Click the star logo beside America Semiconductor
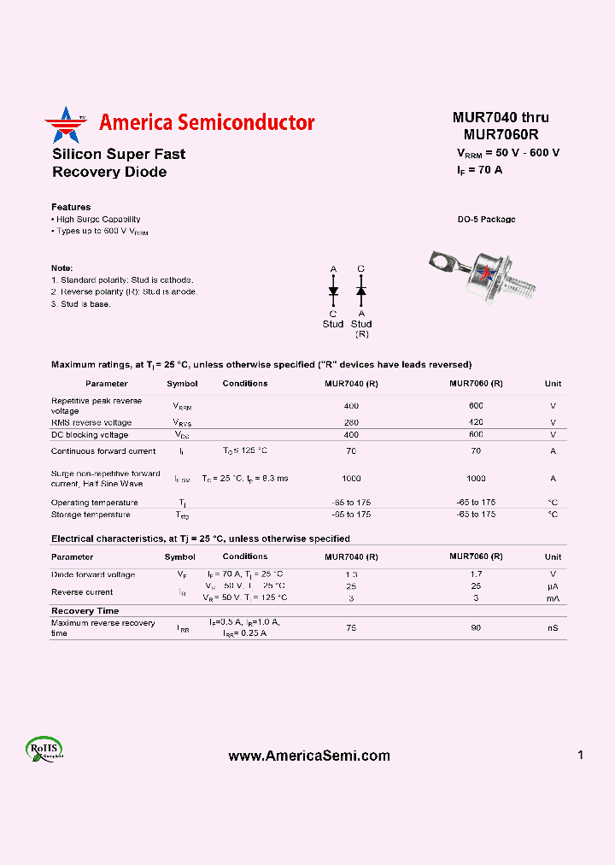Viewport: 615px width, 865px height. [66, 125]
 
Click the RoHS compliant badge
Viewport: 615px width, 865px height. [44, 749]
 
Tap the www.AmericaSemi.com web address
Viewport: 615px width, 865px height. [309, 756]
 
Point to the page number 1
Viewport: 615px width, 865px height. [580, 755]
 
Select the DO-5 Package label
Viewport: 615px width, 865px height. [486, 220]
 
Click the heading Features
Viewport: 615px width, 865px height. [71, 207]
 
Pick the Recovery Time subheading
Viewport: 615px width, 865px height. [85, 611]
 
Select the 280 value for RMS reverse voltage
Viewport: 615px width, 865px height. [351, 422]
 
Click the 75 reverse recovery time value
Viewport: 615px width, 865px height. [351, 628]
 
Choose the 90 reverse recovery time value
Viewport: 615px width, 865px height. [476, 628]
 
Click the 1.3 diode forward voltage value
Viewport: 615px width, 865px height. [351, 574]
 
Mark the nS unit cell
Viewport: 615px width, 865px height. [553, 628]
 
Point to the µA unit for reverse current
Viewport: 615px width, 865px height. [553, 586]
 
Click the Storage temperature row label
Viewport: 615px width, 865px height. [91, 515]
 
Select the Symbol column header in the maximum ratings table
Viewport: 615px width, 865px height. [182, 384]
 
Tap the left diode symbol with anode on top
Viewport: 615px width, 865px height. [333, 291]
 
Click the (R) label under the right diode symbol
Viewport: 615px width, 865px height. [361, 333]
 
